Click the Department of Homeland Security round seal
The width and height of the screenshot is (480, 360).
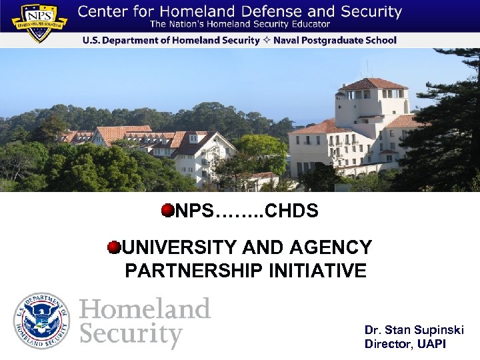(x=41, y=321)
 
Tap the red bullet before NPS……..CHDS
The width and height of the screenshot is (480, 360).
(x=167, y=211)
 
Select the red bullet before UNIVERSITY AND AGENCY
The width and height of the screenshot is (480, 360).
(x=115, y=248)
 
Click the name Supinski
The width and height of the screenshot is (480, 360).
(x=437, y=331)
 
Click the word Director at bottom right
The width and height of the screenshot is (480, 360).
(x=389, y=344)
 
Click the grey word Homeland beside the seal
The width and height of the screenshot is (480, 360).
(x=145, y=309)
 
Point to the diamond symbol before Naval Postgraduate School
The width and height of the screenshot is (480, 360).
(x=265, y=41)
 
